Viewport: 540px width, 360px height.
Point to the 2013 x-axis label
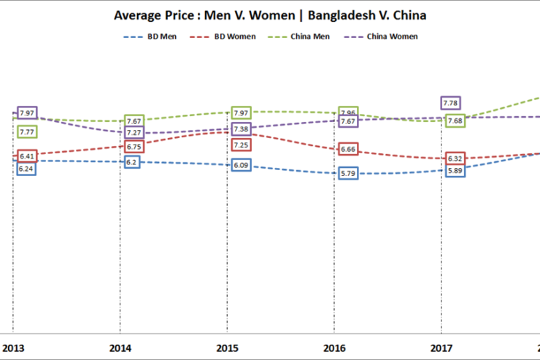(12, 348)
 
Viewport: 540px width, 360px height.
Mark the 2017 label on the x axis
(441, 348)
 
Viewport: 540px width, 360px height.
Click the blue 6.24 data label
(27, 168)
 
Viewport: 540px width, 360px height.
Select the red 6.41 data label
(27, 156)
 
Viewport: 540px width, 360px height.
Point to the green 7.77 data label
(27, 132)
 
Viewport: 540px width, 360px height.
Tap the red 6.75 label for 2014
(134, 146)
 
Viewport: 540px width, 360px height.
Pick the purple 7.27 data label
(134, 133)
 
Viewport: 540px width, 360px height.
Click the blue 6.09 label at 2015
(242, 166)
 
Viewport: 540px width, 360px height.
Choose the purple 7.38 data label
(242, 129)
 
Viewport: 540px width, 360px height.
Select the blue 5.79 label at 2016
(347, 173)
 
